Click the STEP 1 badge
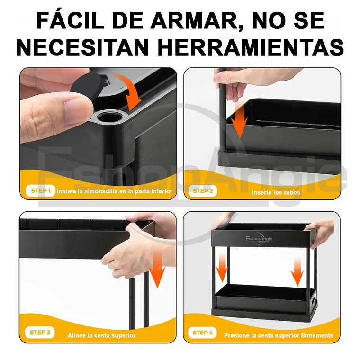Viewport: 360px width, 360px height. point(40,191)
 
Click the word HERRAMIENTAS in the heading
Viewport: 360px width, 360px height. point(251,47)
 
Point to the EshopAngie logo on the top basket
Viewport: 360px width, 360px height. point(259,239)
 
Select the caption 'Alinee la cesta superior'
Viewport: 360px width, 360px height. point(101,335)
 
